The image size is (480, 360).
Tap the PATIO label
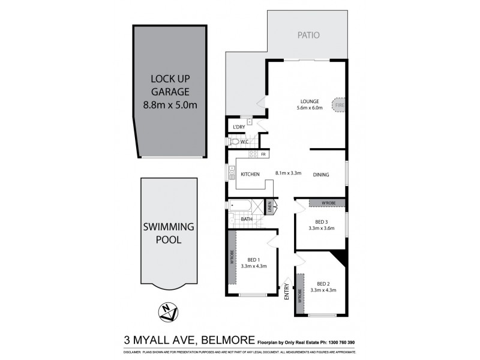(308, 35)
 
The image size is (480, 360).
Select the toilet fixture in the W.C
(233, 142)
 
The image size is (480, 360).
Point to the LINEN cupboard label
(271, 208)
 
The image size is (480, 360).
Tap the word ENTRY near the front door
(287, 292)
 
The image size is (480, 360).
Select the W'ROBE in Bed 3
(327, 203)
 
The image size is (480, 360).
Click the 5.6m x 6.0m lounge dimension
(310, 109)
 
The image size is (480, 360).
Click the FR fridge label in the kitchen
(263, 154)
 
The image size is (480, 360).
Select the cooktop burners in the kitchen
(253, 154)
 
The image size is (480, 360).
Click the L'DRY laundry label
(239, 127)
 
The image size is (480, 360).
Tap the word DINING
(321, 175)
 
